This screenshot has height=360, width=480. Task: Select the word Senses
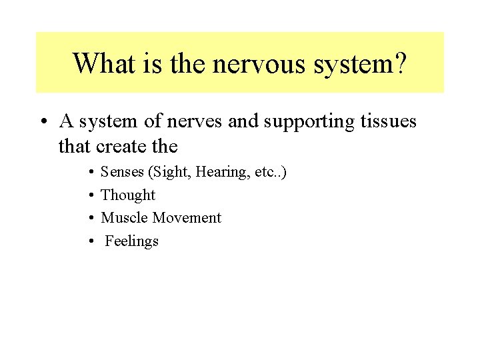(x=123, y=172)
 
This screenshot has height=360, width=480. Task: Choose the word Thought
(x=128, y=195)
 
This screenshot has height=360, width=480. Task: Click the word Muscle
(x=125, y=218)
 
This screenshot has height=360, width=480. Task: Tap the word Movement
(x=187, y=218)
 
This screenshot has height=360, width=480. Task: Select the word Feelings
(x=132, y=241)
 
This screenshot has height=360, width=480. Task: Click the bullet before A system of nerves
(x=43, y=122)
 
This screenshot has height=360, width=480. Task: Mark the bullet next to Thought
(x=89, y=195)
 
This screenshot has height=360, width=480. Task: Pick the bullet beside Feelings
(x=89, y=241)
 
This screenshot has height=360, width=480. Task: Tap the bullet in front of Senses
(x=89, y=172)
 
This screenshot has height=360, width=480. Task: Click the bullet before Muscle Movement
(x=89, y=218)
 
